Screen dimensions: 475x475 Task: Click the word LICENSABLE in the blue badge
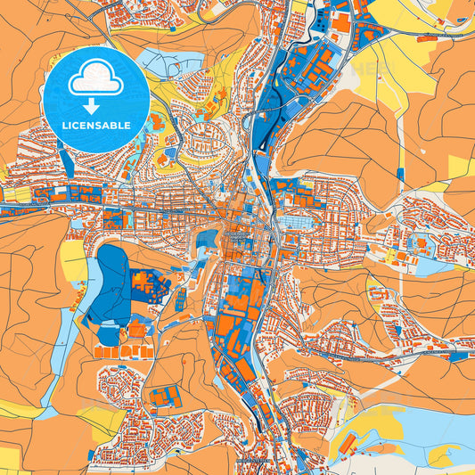coord(95,126)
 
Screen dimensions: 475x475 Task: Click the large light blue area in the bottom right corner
coord(419,428)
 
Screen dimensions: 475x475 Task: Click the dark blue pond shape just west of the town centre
coord(207,239)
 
